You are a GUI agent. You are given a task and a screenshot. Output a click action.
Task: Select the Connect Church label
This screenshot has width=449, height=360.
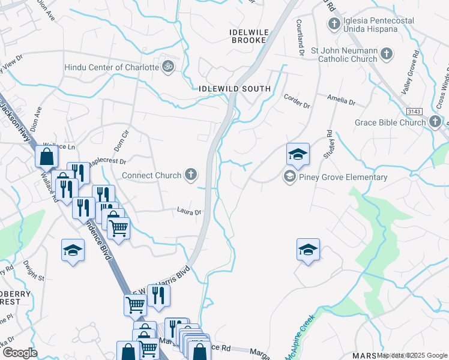click(151, 175)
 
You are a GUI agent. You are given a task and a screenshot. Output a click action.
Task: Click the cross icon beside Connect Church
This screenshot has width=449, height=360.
click(191, 175)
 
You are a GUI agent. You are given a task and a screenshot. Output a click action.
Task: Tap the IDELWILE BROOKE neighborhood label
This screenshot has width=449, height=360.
click(249, 35)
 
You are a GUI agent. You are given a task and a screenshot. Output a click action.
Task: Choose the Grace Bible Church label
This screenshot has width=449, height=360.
click(390, 122)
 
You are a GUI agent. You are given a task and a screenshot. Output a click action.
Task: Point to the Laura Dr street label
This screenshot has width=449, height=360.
click(188, 211)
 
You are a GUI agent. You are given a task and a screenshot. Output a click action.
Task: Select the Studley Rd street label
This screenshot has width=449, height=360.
click(329, 143)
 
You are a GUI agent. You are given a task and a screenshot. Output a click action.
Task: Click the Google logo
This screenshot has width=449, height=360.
click(20, 353)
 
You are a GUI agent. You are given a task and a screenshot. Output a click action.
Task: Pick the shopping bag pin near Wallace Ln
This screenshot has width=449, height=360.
click(46, 157)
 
